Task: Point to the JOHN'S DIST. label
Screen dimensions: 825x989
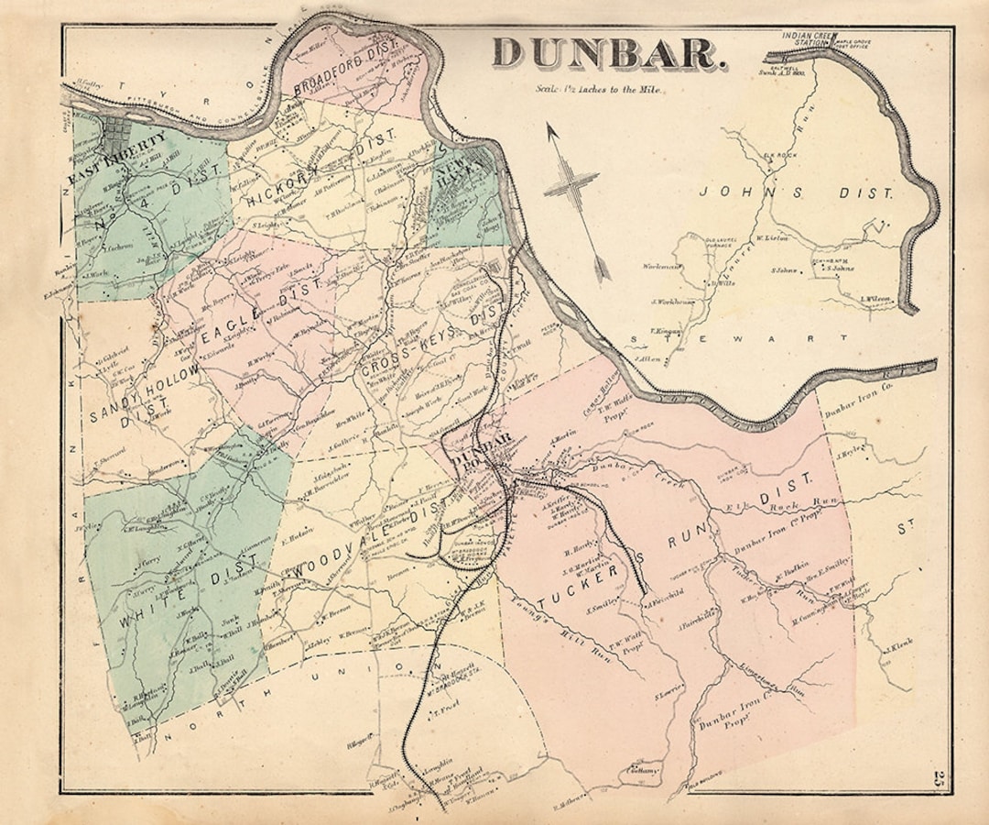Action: [x=796, y=192]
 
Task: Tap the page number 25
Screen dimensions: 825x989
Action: [x=940, y=780]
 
